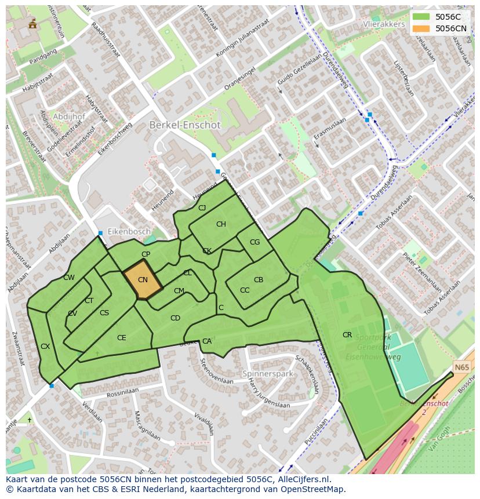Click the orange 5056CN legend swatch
[x=421, y=28]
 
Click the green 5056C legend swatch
[x=421, y=17]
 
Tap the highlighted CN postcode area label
[x=143, y=280]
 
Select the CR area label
[x=347, y=335]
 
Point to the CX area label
[x=45, y=347]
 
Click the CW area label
[x=69, y=278]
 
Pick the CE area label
[x=122, y=338]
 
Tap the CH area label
[x=221, y=224]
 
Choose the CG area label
[x=254, y=242]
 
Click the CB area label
[x=259, y=280]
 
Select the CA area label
[x=207, y=341]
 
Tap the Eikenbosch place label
[x=129, y=231]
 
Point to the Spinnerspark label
[x=268, y=374]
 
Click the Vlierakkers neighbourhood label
[x=383, y=24]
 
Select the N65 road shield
[x=461, y=367]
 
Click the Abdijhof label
[x=69, y=116]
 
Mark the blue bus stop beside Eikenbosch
[x=100, y=233]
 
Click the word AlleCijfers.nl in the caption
[x=301, y=479]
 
